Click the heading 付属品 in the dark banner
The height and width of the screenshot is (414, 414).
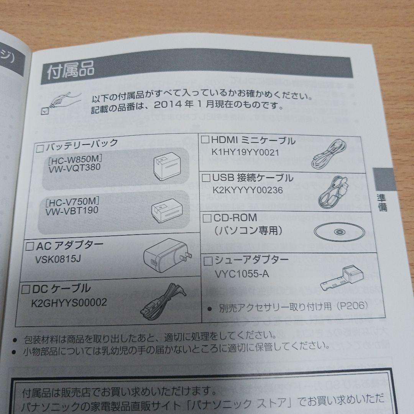click(x=70, y=72)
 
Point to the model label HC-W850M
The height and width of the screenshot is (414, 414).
click(x=75, y=158)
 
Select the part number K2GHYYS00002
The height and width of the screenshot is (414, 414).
click(x=69, y=303)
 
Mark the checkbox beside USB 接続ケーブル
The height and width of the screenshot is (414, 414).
click(x=206, y=178)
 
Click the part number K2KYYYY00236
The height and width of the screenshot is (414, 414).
click(x=247, y=190)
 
